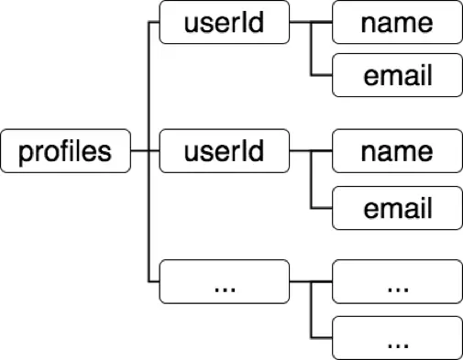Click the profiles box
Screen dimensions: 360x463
pyautogui.click(x=65, y=150)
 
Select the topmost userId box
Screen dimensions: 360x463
pyautogui.click(x=224, y=23)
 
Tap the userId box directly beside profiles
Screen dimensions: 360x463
pyautogui.click(x=224, y=150)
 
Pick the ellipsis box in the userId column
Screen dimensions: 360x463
pyautogui.click(x=224, y=282)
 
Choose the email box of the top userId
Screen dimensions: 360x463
pyautogui.click(x=396, y=76)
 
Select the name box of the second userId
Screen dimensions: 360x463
pyautogui.click(x=396, y=150)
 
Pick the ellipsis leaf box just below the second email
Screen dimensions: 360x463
pyautogui.click(x=396, y=282)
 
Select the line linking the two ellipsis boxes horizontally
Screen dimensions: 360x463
pyautogui.click(x=310, y=282)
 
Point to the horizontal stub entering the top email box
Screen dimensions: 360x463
pyautogui.click(x=322, y=77)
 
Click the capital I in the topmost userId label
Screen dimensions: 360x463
pyautogui.click(x=247, y=23)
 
